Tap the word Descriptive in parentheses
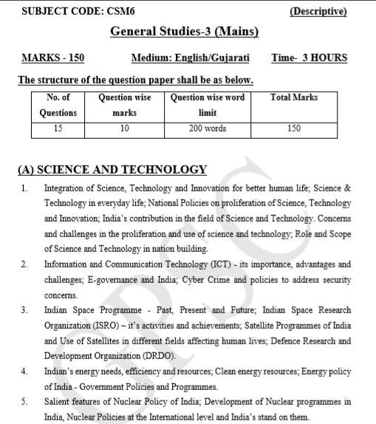(318, 12)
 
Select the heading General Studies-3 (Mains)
(184, 33)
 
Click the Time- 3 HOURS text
(309, 58)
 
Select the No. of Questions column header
(58, 105)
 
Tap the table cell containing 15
(58, 128)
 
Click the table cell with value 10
(124, 128)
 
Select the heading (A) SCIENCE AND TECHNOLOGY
(112, 170)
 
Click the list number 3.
(25, 310)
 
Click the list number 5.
(25, 402)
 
